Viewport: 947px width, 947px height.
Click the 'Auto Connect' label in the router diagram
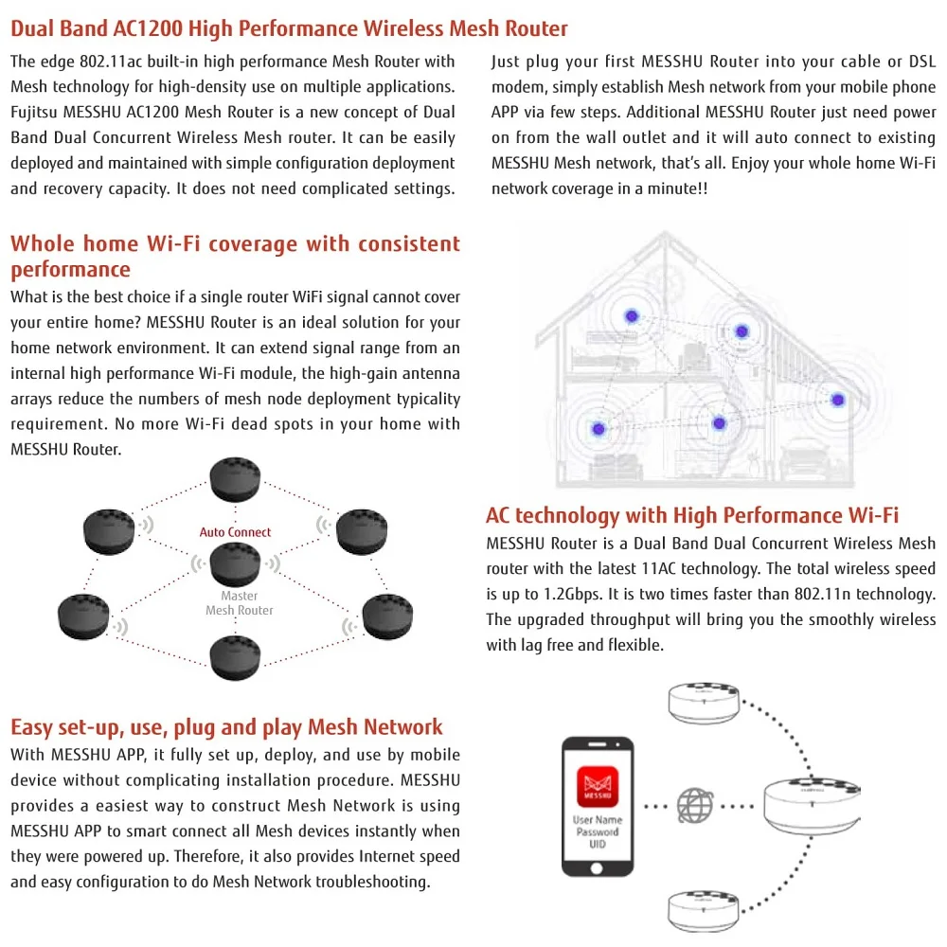pyautogui.click(x=235, y=532)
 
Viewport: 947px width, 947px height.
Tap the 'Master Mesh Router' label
pyautogui.click(x=239, y=603)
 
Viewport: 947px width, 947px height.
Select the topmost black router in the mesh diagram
pyautogui.click(x=235, y=480)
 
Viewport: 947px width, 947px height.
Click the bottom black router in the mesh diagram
pyautogui.click(x=235, y=657)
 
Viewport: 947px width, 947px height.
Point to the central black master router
pyautogui.click(x=235, y=564)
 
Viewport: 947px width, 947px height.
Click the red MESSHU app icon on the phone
pyautogui.click(x=598, y=786)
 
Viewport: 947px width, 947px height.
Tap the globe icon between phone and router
pyautogui.click(x=695, y=806)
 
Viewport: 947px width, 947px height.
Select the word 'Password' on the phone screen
pyautogui.click(x=598, y=831)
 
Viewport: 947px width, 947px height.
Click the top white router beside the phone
pyautogui.click(x=716, y=706)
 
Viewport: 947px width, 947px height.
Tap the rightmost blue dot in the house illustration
pyautogui.click(x=837, y=400)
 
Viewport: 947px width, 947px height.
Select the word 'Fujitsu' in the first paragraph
pyautogui.click(x=35, y=113)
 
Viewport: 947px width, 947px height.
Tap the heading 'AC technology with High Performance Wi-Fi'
pyautogui.click(x=692, y=515)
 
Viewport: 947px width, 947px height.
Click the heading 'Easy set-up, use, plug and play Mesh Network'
pyautogui.click(x=226, y=727)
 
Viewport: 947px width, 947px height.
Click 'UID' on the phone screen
pyautogui.click(x=598, y=843)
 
